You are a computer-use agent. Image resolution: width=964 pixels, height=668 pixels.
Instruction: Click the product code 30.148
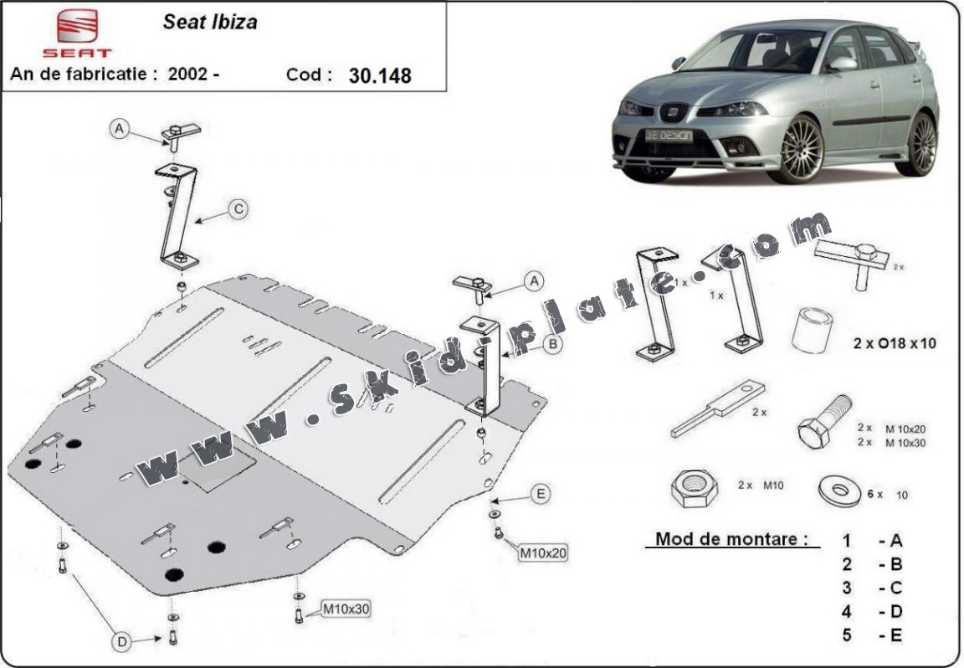pos(380,75)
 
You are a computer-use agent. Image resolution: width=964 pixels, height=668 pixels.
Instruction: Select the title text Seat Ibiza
pos(210,23)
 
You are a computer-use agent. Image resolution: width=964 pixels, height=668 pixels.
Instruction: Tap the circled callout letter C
pos(238,210)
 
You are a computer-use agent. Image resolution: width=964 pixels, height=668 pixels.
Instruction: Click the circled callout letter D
pos(123,642)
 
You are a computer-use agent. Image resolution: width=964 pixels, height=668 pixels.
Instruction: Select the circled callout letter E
pos(541,495)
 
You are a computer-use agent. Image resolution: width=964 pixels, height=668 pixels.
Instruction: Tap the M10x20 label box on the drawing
pos(543,552)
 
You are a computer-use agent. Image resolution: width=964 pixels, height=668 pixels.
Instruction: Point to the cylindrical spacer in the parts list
pos(810,331)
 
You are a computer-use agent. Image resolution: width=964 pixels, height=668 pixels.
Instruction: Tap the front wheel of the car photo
pos(801,149)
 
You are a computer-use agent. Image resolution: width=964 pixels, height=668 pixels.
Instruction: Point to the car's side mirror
pos(842,64)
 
